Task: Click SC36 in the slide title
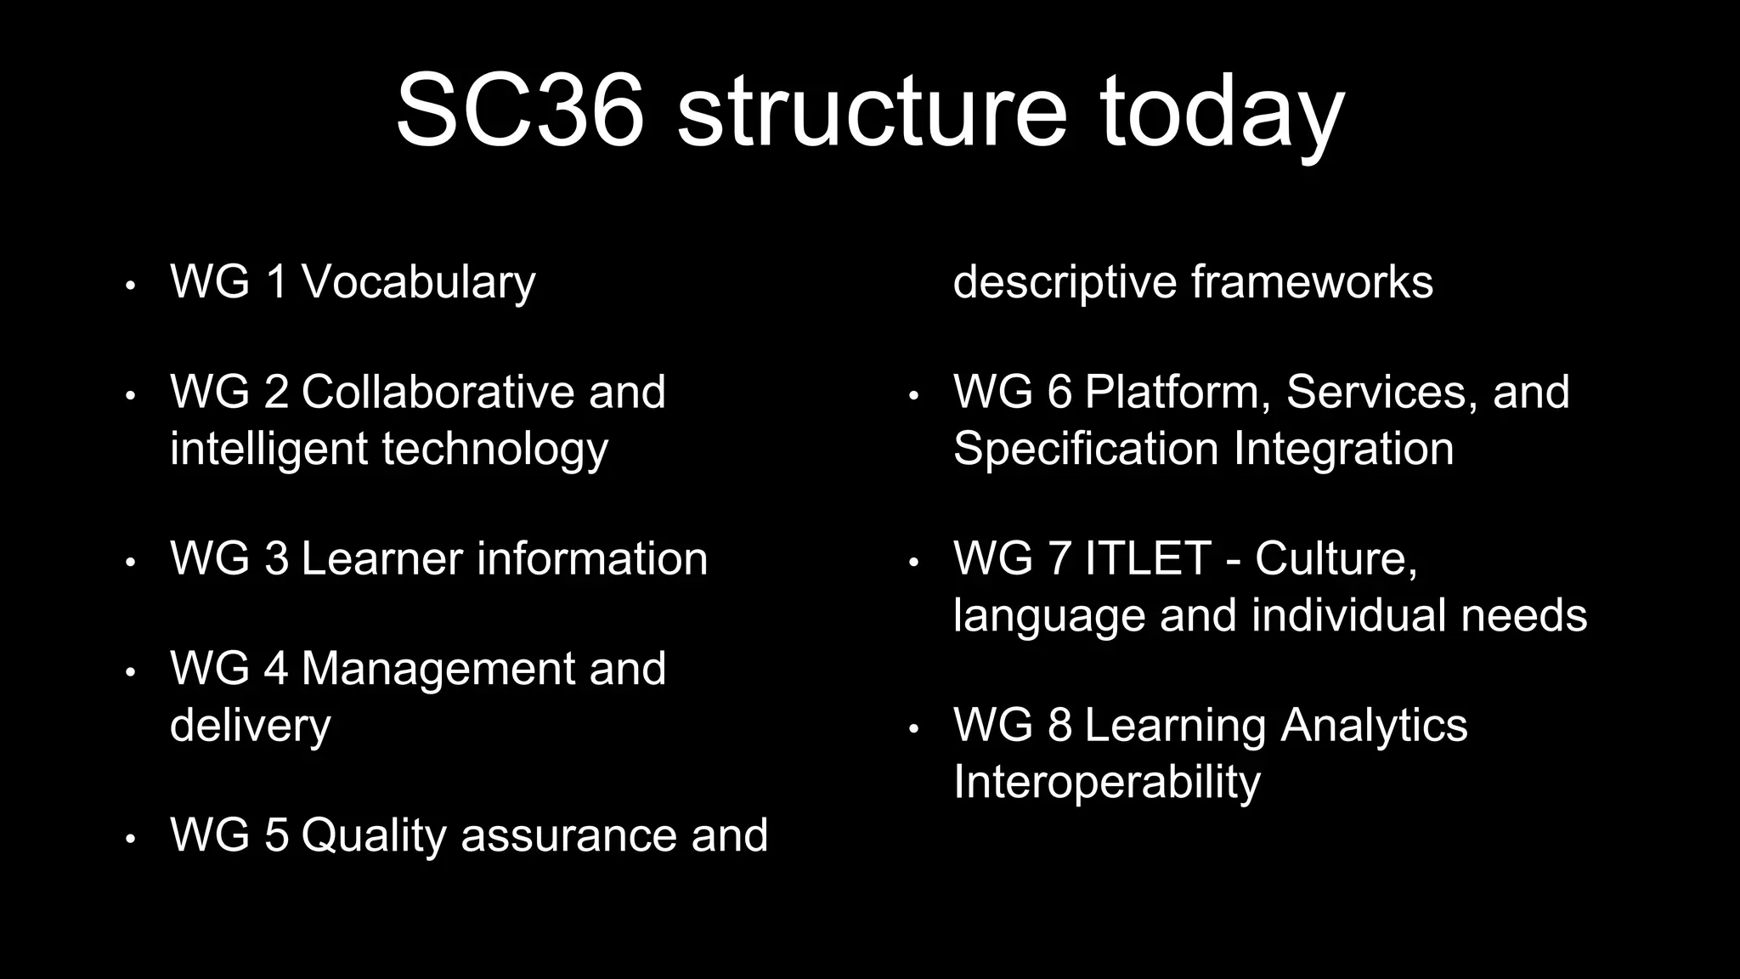tap(519, 111)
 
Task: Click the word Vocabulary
tap(418, 282)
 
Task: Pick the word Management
tap(438, 668)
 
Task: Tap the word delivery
tap(250, 726)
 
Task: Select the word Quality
tap(373, 835)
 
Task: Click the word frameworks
tap(1312, 282)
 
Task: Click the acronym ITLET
tap(1147, 558)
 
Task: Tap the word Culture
tap(1336, 558)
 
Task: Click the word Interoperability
tap(1106, 783)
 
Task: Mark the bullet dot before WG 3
tap(130, 563)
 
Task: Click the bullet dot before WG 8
tap(913, 729)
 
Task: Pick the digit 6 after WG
tap(1059, 392)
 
